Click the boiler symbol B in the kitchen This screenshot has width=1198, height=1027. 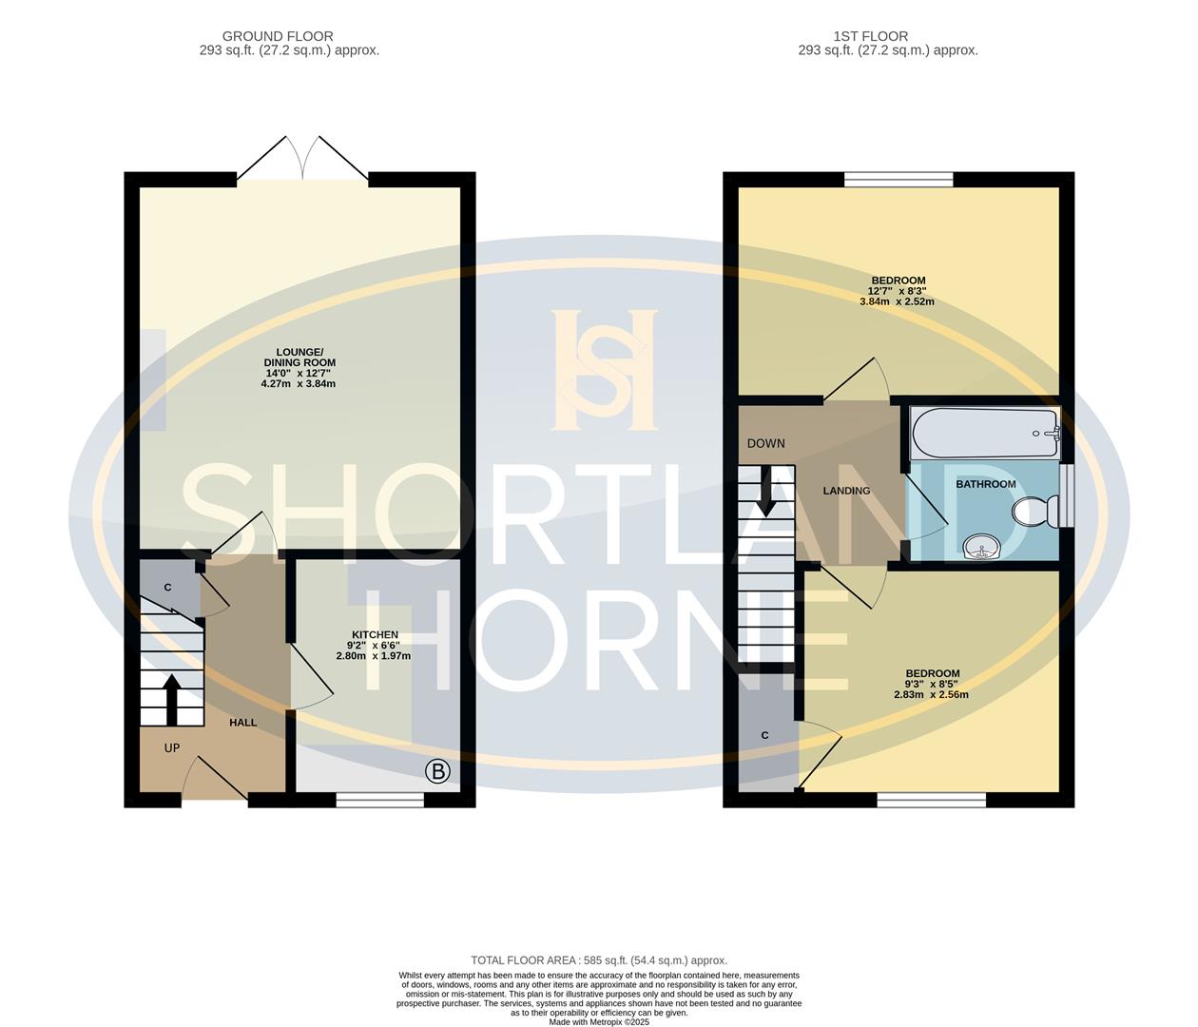pyautogui.click(x=437, y=771)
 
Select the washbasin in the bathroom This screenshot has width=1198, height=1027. pyautogui.click(x=980, y=548)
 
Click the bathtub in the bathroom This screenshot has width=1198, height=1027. pyautogui.click(x=985, y=434)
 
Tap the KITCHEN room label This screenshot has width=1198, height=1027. pyautogui.click(x=375, y=634)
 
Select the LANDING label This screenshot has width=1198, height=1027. pyautogui.click(x=846, y=491)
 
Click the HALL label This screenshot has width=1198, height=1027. pyautogui.click(x=242, y=723)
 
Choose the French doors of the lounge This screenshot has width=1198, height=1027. pyautogui.click(x=302, y=160)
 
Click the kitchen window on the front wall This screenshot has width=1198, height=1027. pyautogui.click(x=380, y=801)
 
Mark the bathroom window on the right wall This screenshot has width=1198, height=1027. pyautogui.click(x=1067, y=495)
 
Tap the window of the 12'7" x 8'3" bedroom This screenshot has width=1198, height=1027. pyautogui.click(x=898, y=179)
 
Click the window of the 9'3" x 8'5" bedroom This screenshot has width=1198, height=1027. pyautogui.click(x=932, y=801)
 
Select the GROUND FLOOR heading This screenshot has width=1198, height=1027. pyautogui.click(x=278, y=36)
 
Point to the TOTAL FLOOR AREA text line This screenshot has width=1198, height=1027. pyautogui.click(x=599, y=960)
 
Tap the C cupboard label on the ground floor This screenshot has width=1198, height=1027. pyautogui.click(x=167, y=588)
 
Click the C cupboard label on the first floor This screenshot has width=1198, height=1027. pyautogui.click(x=764, y=735)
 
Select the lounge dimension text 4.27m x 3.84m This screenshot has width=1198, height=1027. pyautogui.click(x=299, y=383)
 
